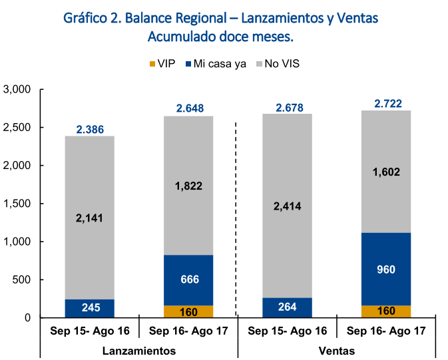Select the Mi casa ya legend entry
click(x=215, y=65)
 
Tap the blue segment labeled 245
click(x=90, y=308)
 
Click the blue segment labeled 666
click(x=188, y=279)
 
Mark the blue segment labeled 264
click(x=288, y=307)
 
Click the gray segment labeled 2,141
click(x=90, y=218)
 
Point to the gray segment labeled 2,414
click(x=288, y=206)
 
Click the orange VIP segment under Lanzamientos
click(x=188, y=311)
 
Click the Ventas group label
click(x=337, y=351)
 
